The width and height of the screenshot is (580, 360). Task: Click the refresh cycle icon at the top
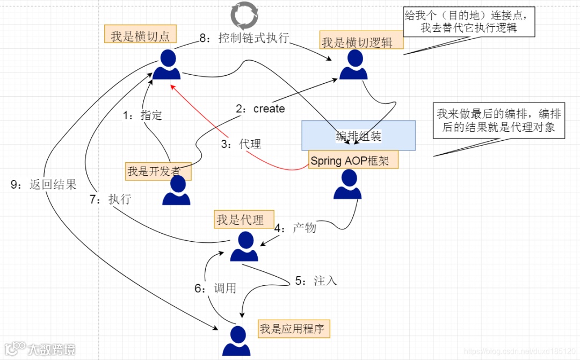pos(244,15)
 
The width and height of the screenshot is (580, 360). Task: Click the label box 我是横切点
pos(140,36)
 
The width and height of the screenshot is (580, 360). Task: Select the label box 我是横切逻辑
pos(357,43)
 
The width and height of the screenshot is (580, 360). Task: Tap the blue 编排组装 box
pos(358,135)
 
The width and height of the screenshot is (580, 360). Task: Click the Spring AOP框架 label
pos(353,161)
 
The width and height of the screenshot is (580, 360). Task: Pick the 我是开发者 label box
pos(158,172)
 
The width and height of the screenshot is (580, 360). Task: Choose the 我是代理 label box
pos(244,220)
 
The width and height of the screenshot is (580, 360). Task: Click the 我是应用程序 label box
pos(293,328)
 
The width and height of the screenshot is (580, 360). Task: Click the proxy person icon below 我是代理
pos(244,247)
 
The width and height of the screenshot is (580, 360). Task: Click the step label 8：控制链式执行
pos(244,38)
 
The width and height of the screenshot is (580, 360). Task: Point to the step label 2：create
pos(260,109)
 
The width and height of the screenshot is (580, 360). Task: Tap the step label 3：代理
pos(242,144)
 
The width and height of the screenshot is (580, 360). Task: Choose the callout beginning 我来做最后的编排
pos(499,121)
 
